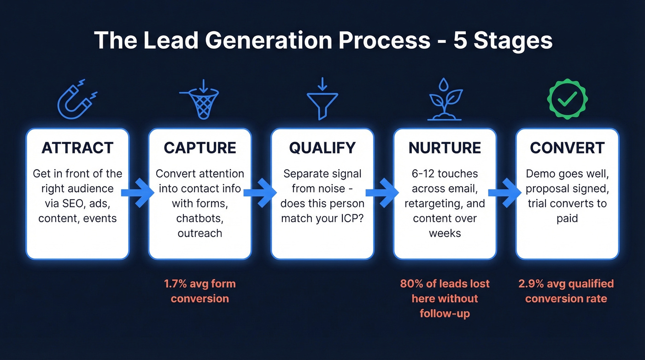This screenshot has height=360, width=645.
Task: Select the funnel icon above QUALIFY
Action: pos(322,102)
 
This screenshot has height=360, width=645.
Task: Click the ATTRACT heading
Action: pos(77,148)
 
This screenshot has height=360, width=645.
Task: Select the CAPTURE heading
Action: pos(200,148)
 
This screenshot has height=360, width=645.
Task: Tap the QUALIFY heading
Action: pos(322,148)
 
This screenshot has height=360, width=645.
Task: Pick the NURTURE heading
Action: pos(445,148)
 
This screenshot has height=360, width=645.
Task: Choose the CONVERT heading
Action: pos(567,148)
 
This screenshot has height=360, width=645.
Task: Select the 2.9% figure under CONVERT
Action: pos(531,283)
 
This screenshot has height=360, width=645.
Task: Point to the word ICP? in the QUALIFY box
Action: pos(350,218)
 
